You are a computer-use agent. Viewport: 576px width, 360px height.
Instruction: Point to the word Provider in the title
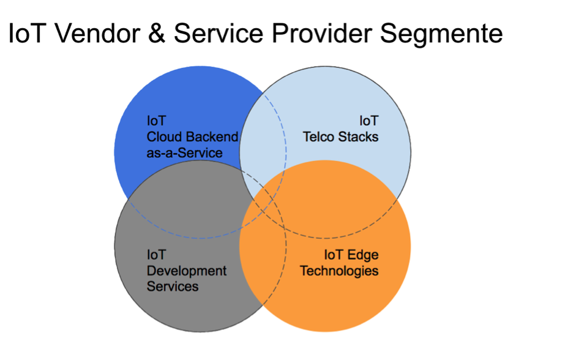(x=322, y=34)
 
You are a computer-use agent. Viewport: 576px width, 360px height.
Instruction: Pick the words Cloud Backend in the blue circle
(x=192, y=137)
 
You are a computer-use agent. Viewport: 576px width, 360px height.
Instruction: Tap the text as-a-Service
(x=184, y=153)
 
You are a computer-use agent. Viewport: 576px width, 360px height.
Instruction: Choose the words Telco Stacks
(x=340, y=137)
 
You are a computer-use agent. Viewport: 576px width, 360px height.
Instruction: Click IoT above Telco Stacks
(x=369, y=121)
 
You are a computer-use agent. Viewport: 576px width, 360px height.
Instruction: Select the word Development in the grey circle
(x=187, y=271)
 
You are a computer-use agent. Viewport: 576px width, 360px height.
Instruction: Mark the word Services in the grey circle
(x=173, y=287)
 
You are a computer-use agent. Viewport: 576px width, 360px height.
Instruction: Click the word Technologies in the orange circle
(x=339, y=271)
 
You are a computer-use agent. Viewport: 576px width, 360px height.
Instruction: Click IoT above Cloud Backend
(x=157, y=121)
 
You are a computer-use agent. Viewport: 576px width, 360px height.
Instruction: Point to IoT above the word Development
(x=157, y=255)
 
